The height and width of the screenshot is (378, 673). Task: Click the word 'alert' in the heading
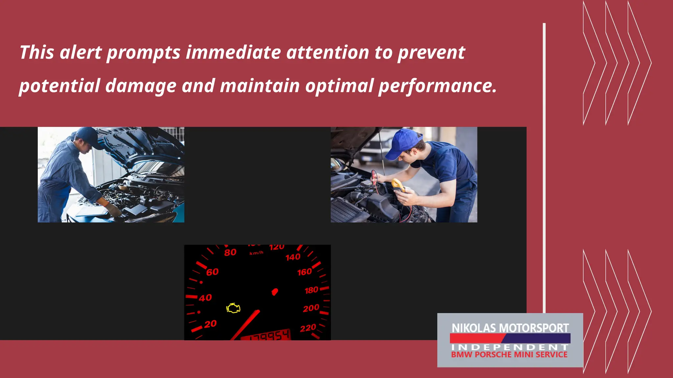[x=81, y=52]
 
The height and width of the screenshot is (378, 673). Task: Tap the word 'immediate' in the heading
[x=233, y=52]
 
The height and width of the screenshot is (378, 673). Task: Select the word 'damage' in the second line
[x=141, y=86]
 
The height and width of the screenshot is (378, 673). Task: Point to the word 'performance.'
[x=437, y=86]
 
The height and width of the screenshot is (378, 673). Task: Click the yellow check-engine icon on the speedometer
[x=233, y=308]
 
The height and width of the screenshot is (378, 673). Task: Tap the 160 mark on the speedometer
[x=304, y=272]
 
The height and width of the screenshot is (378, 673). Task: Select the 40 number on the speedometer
[x=205, y=298]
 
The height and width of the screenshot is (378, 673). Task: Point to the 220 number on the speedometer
[x=308, y=328]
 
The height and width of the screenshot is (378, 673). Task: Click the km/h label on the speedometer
[x=256, y=253]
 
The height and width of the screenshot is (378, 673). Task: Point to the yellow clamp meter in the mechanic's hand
[x=398, y=185]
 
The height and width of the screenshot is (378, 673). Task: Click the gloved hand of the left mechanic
[x=113, y=210]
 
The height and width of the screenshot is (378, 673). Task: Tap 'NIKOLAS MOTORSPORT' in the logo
[x=510, y=328]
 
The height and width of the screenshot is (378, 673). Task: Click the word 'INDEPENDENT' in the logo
[x=510, y=347]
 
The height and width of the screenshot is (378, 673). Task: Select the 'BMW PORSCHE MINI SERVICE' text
[x=509, y=355]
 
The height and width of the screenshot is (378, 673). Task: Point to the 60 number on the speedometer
[x=212, y=272]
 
